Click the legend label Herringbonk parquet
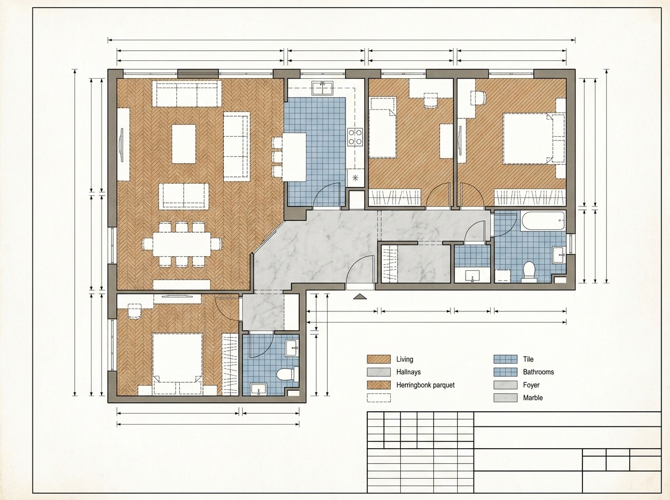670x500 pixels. point(425,385)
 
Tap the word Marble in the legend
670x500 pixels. point(533,398)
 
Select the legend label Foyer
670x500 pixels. point(531,385)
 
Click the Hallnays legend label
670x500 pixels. point(408,372)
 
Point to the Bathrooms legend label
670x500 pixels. point(538,372)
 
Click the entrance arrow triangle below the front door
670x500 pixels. point(360,296)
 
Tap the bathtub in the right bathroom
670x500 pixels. point(543,221)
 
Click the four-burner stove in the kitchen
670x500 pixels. point(355,137)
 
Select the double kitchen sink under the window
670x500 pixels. point(322,88)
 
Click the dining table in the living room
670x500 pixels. point(181,244)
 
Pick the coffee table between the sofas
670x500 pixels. point(184,143)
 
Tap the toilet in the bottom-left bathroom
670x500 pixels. point(287,374)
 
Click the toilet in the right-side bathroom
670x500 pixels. point(529,271)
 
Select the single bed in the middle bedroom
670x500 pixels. point(382,127)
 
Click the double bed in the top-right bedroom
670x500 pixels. point(534,138)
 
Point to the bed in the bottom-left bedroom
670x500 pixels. point(178,364)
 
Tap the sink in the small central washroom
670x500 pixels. point(472,276)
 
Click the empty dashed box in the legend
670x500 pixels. point(379,398)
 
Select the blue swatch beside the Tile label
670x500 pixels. point(505,359)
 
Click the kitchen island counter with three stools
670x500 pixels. point(294,157)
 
